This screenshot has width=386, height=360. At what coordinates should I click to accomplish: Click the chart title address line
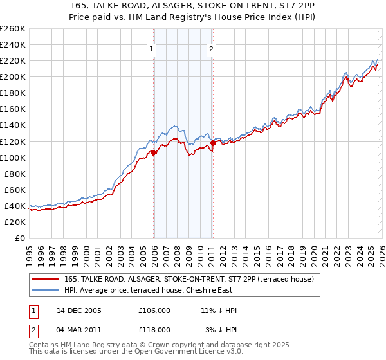193,6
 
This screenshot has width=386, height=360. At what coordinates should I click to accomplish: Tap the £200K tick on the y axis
13,76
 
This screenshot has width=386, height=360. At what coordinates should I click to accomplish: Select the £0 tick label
19,238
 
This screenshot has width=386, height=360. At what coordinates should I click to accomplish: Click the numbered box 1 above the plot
151,49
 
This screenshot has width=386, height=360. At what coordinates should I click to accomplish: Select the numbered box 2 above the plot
211,49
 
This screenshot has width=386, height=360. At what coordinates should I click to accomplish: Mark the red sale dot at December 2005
154,152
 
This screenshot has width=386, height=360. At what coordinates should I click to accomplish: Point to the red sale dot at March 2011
213,143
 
